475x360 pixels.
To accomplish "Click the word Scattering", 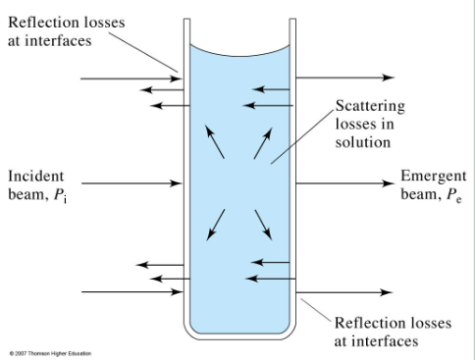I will (x=370, y=105).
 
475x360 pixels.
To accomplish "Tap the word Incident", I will (x=37, y=176).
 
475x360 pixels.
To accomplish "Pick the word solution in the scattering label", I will (x=363, y=142).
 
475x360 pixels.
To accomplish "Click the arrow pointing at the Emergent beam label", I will (x=343, y=182).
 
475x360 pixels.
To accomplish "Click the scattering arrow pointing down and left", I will (x=215, y=223).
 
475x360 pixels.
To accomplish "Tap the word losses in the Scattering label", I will (x=352, y=124).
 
